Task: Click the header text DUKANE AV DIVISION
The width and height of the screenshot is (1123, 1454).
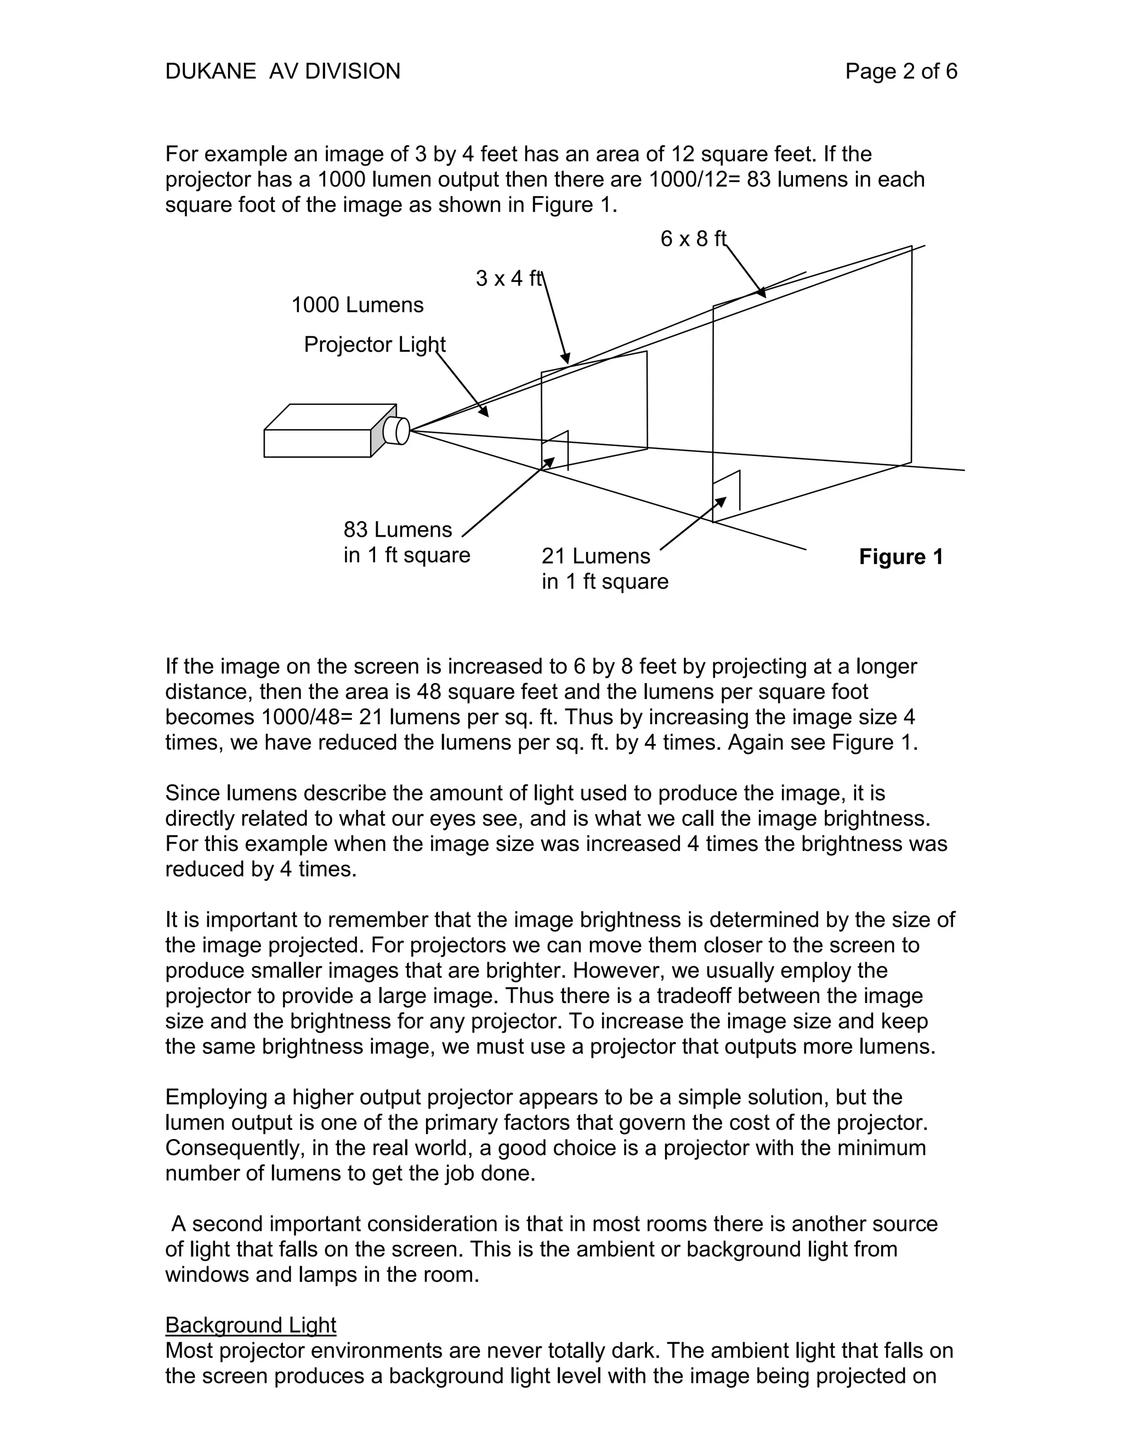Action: click(x=283, y=71)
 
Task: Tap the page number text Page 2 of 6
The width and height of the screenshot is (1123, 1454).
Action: click(x=901, y=71)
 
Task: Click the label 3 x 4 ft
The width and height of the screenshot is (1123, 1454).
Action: click(x=509, y=278)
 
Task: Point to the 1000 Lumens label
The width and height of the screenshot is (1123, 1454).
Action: click(x=358, y=305)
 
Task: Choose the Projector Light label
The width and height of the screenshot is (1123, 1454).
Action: click(x=375, y=344)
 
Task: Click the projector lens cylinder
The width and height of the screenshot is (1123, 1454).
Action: click(x=397, y=431)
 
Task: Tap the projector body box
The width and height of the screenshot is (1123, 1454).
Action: click(x=318, y=443)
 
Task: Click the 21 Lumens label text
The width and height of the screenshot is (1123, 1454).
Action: click(x=596, y=556)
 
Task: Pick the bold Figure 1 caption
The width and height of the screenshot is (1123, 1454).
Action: click(x=901, y=556)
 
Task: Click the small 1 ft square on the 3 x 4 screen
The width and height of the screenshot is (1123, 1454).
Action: click(x=555, y=450)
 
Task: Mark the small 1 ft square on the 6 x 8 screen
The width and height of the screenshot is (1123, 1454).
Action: click(x=727, y=491)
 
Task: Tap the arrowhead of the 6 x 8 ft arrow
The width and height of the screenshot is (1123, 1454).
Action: click(x=762, y=293)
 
